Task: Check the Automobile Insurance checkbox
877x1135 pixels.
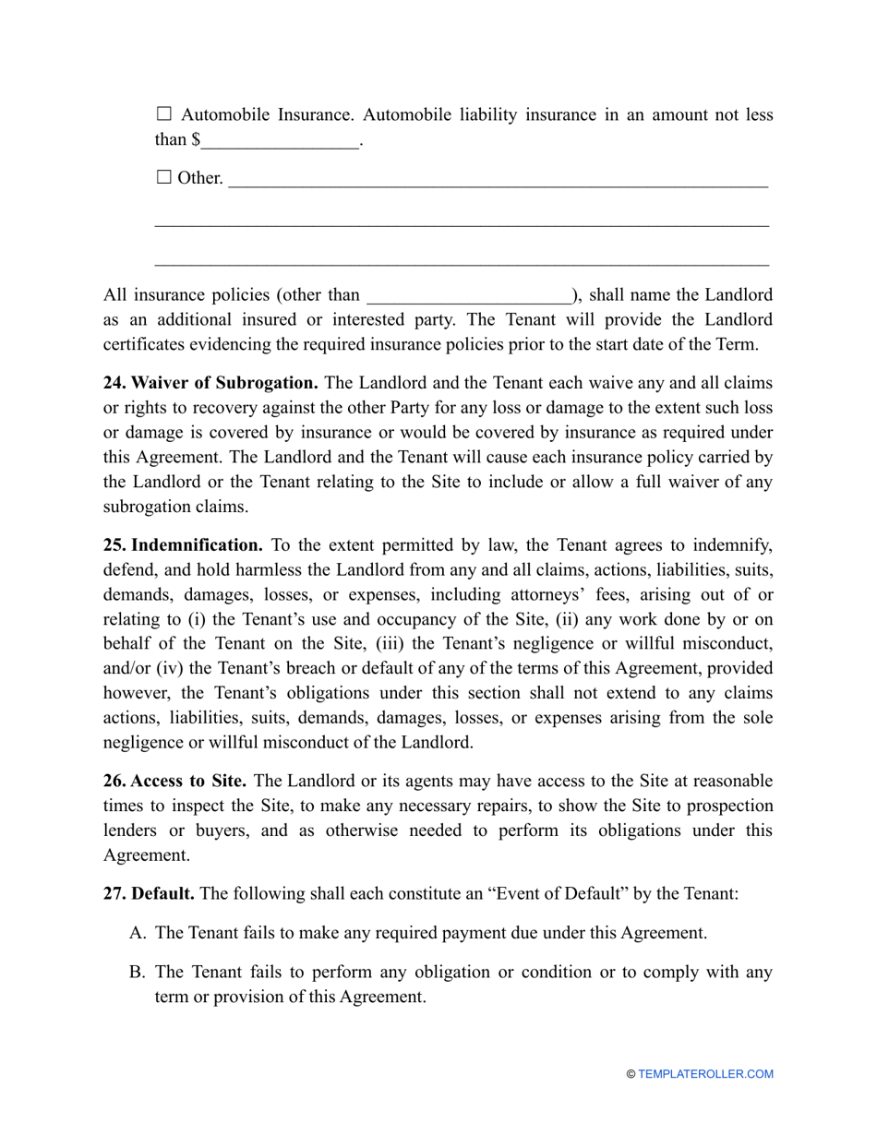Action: click(164, 114)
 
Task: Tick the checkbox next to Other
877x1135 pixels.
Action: click(164, 177)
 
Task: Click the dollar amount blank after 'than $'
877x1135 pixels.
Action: click(280, 141)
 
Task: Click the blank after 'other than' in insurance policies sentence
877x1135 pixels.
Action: click(470, 296)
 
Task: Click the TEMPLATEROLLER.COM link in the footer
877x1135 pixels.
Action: click(705, 1074)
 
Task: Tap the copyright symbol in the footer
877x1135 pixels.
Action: click(631, 1074)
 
